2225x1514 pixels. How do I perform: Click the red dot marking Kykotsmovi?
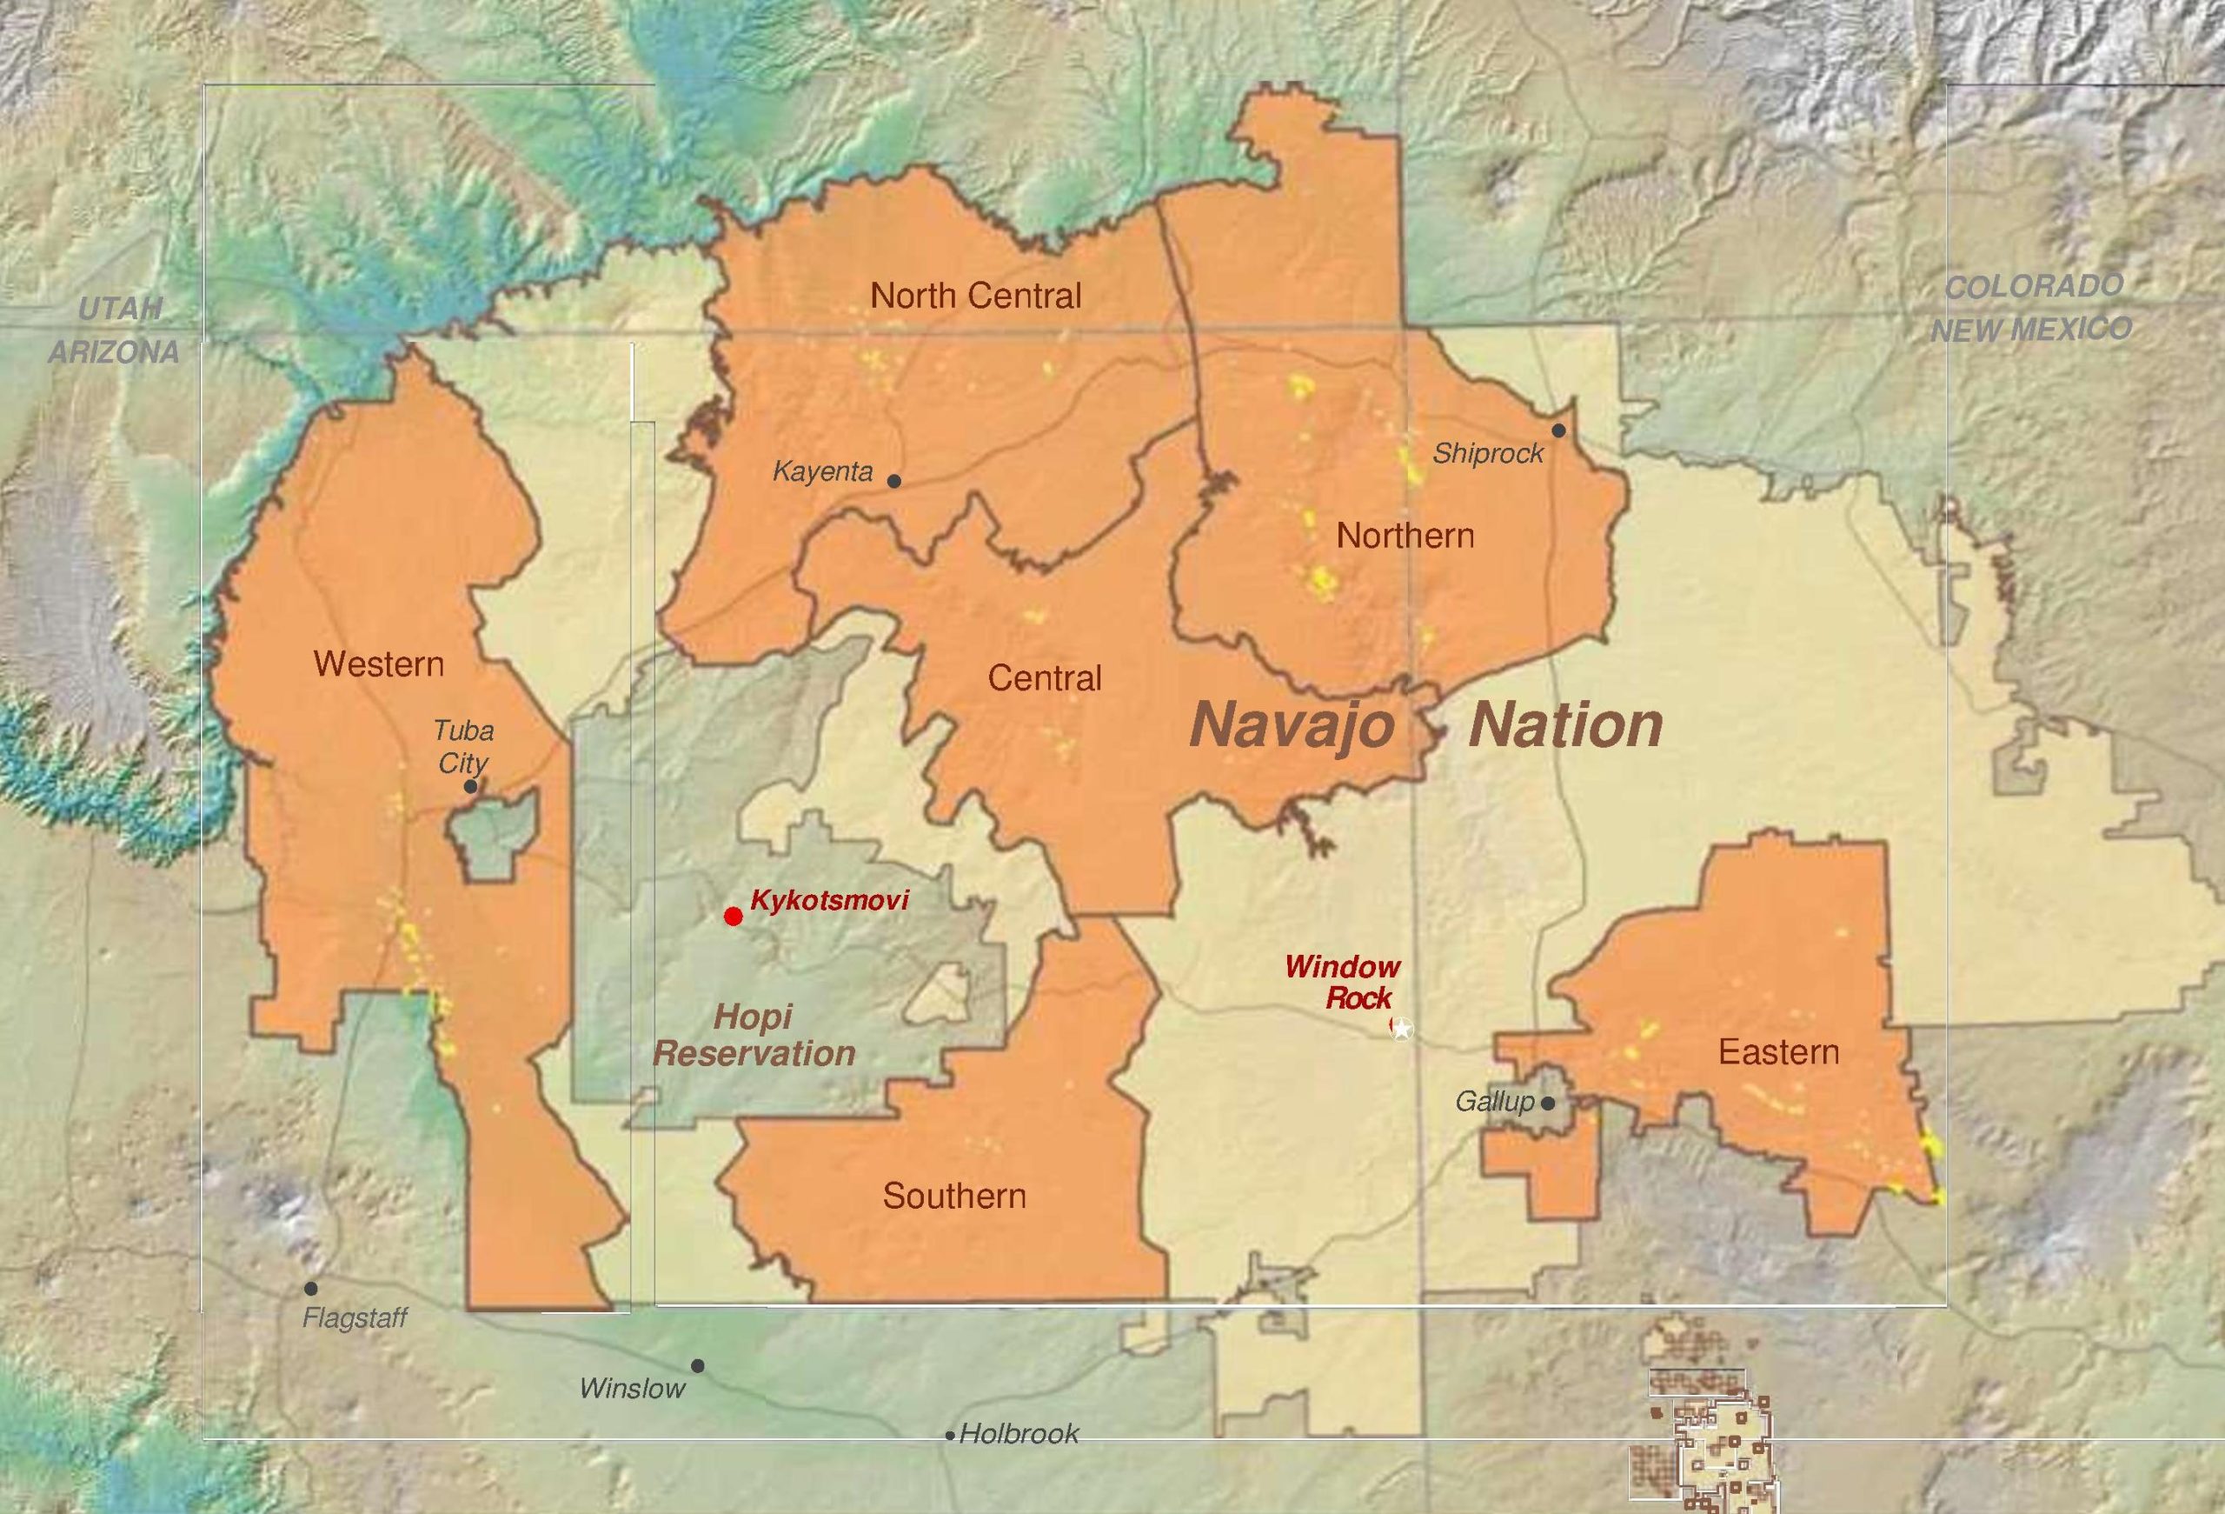pos(734,917)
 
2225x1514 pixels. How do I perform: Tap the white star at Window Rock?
pos(1402,1029)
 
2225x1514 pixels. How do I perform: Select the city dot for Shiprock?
pos(1558,431)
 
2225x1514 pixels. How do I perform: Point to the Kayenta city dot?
pos(894,481)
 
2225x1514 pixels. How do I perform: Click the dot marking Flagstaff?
pos(311,1289)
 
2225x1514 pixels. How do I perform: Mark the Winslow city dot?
pos(698,1365)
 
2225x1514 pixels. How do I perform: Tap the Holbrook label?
pos(1018,1433)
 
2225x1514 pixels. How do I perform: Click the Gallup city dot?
pos(1548,1104)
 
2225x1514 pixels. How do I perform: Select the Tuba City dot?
pos(470,786)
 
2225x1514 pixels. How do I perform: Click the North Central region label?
pos(975,296)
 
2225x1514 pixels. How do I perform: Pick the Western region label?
pos(379,664)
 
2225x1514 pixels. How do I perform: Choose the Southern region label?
pos(953,1195)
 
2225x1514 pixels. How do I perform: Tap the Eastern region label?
pos(1779,1052)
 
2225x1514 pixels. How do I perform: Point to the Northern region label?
pos(1405,536)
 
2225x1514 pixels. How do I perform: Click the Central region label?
pos(1045,678)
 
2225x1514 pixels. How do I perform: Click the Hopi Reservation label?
pos(754,1035)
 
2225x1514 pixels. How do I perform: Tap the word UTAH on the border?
pos(120,309)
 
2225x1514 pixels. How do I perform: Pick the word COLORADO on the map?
pos(2034,286)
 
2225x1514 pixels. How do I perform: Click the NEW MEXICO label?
pos(2030,330)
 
